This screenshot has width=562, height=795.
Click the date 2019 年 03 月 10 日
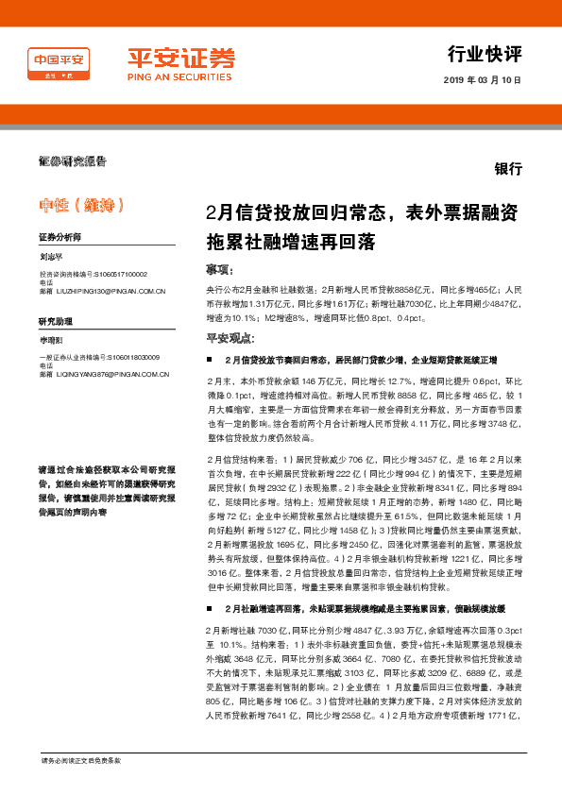(482, 81)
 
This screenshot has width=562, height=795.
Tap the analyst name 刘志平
(52, 257)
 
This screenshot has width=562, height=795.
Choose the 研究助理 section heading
(56, 321)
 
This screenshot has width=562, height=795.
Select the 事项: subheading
(219, 269)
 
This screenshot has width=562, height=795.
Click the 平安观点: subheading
(229, 337)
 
